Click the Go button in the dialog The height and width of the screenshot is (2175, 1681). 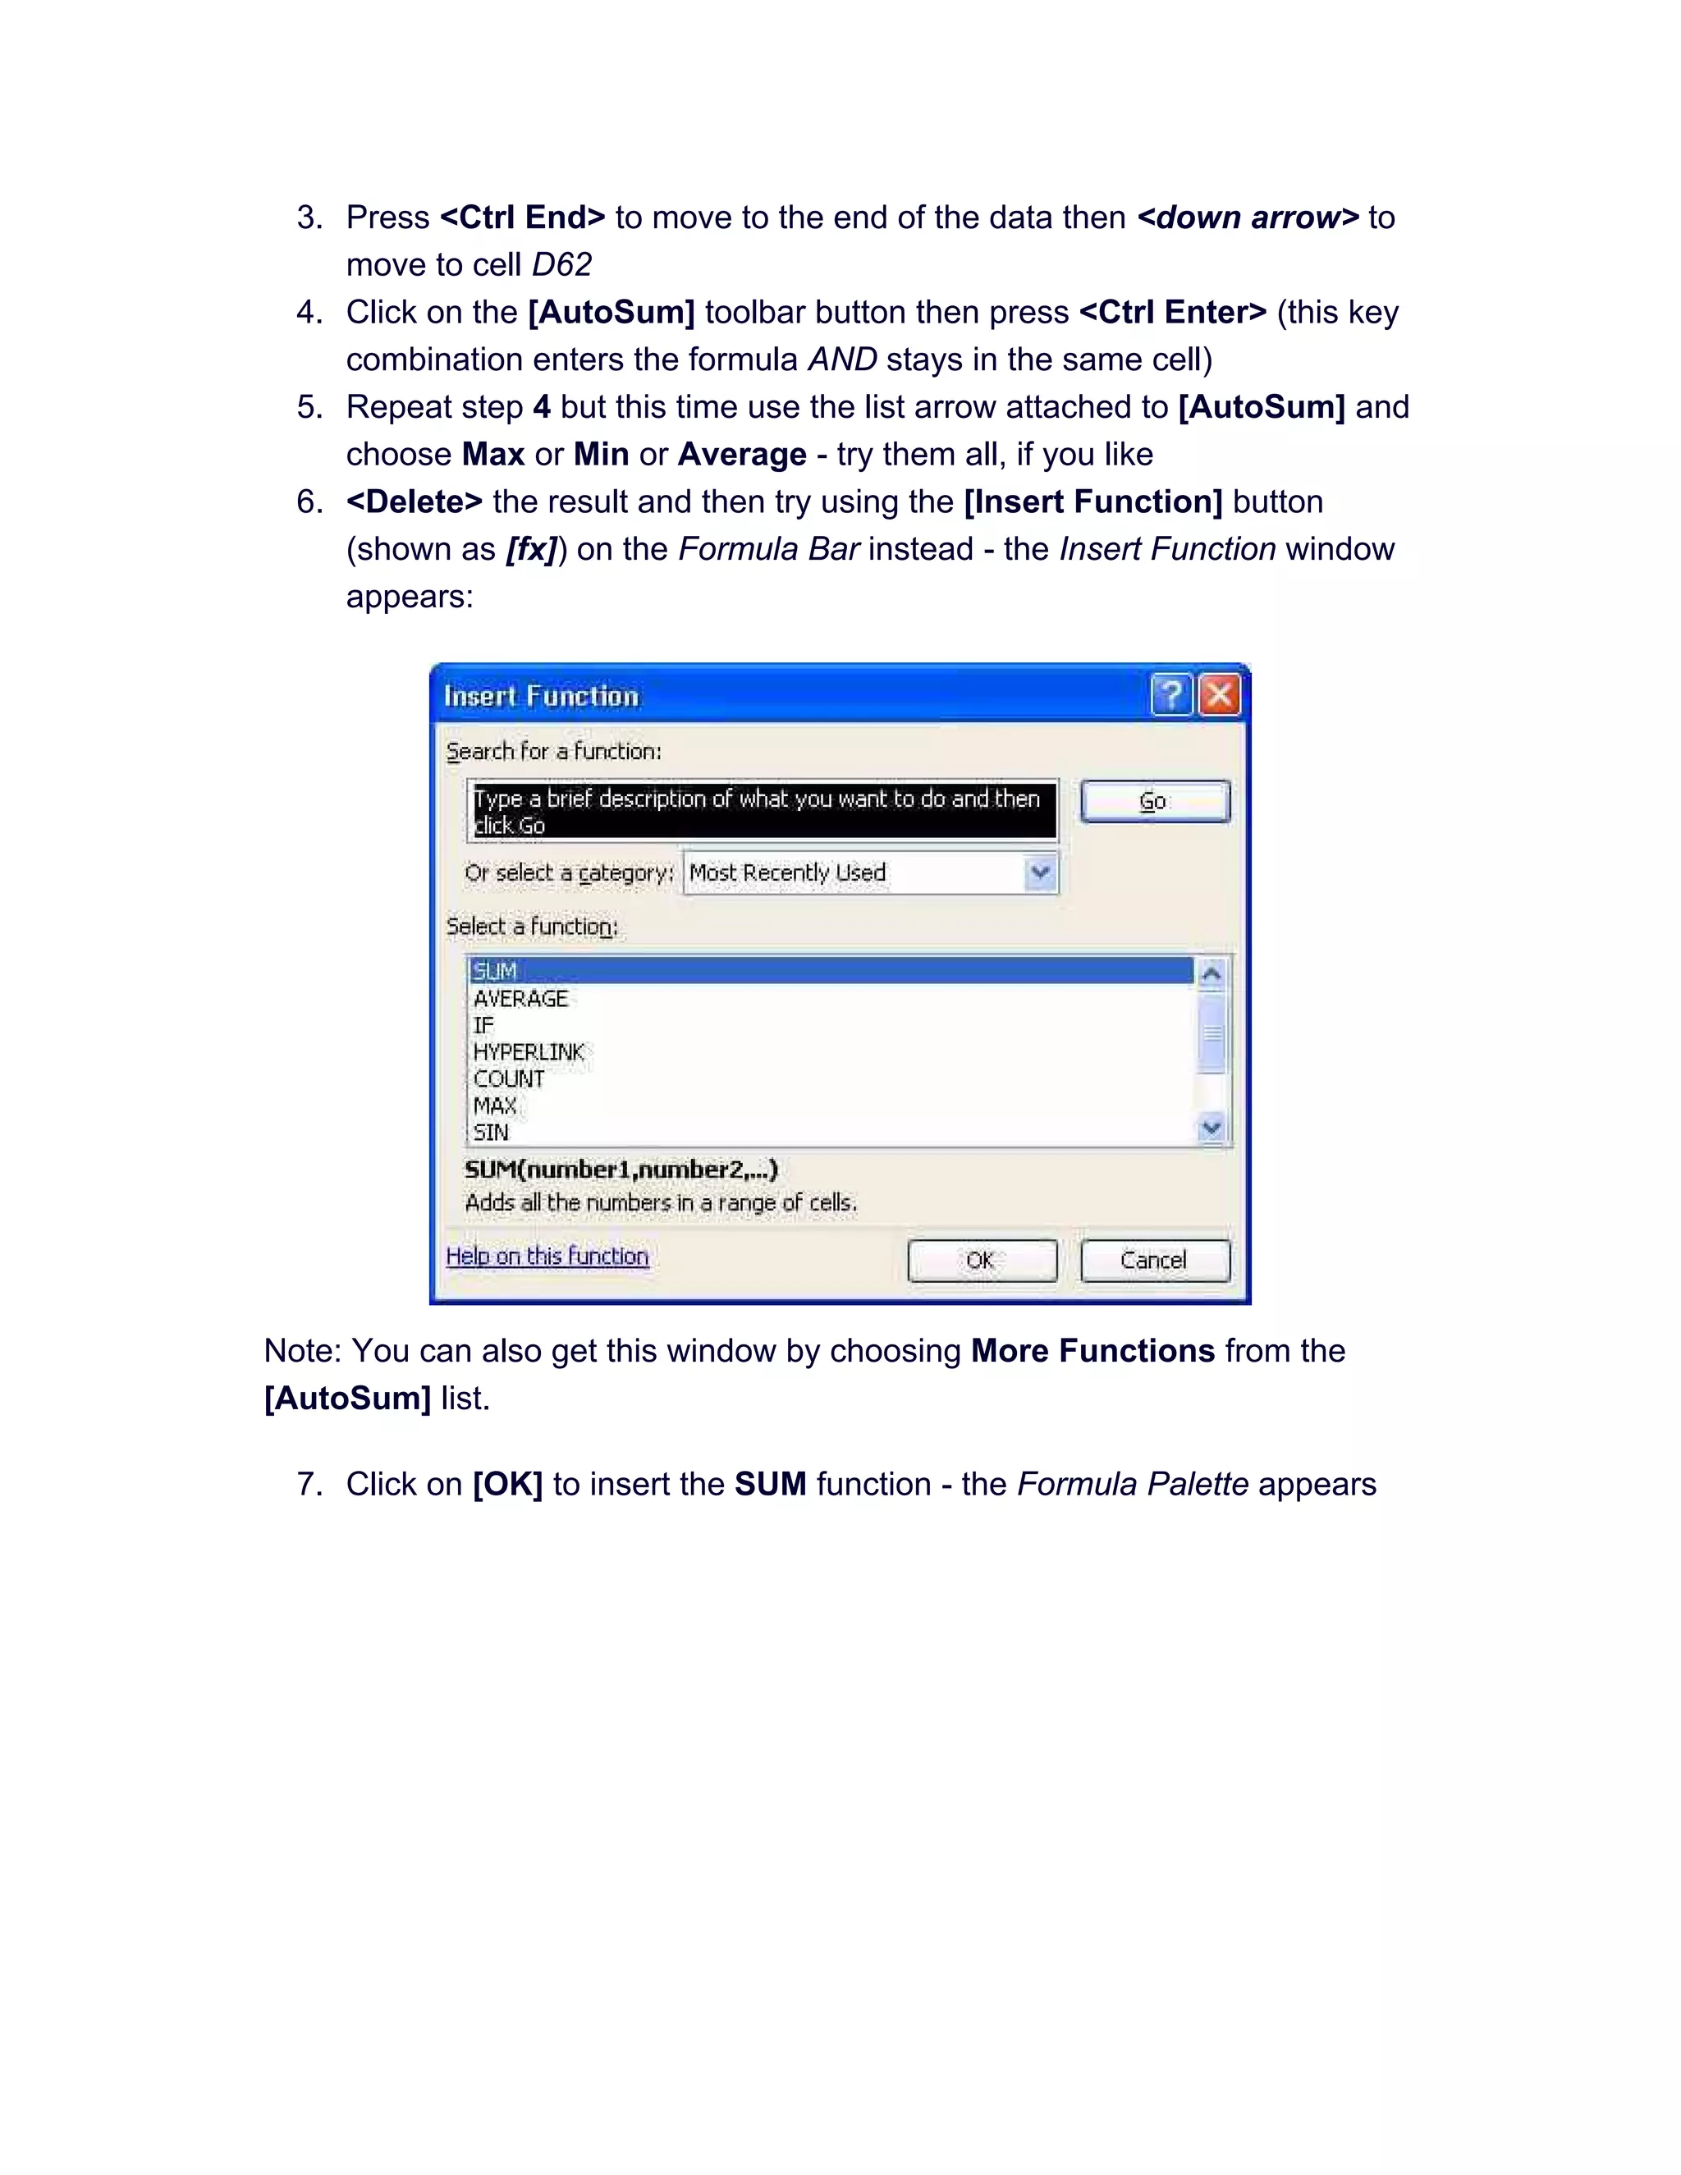[1154, 802]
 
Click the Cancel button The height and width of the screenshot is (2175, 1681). [1154, 1261]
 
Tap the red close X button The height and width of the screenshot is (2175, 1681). [1219, 695]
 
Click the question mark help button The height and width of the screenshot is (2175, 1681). [1171, 695]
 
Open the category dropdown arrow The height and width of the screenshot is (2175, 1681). [1041, 873]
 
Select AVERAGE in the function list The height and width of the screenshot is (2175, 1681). [520, 999]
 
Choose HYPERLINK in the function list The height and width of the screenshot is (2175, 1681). [529, 1053]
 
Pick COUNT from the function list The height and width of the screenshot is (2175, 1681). [509, 1079]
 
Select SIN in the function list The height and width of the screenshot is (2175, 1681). [491, 1133]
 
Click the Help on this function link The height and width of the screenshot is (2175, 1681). [547, 1257]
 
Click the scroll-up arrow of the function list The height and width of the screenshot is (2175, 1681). [1211, 973]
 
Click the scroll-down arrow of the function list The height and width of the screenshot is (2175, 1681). [1211, 1129]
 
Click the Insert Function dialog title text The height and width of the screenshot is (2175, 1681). [541, 696]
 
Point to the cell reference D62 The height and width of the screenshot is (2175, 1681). [561, 265]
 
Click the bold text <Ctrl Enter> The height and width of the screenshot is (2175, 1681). [1172, 313]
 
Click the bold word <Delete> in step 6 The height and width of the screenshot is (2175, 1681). [415, 502]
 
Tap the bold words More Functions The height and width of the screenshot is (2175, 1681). [1092, 1352]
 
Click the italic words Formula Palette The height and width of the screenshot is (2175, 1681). [1132, 1485]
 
